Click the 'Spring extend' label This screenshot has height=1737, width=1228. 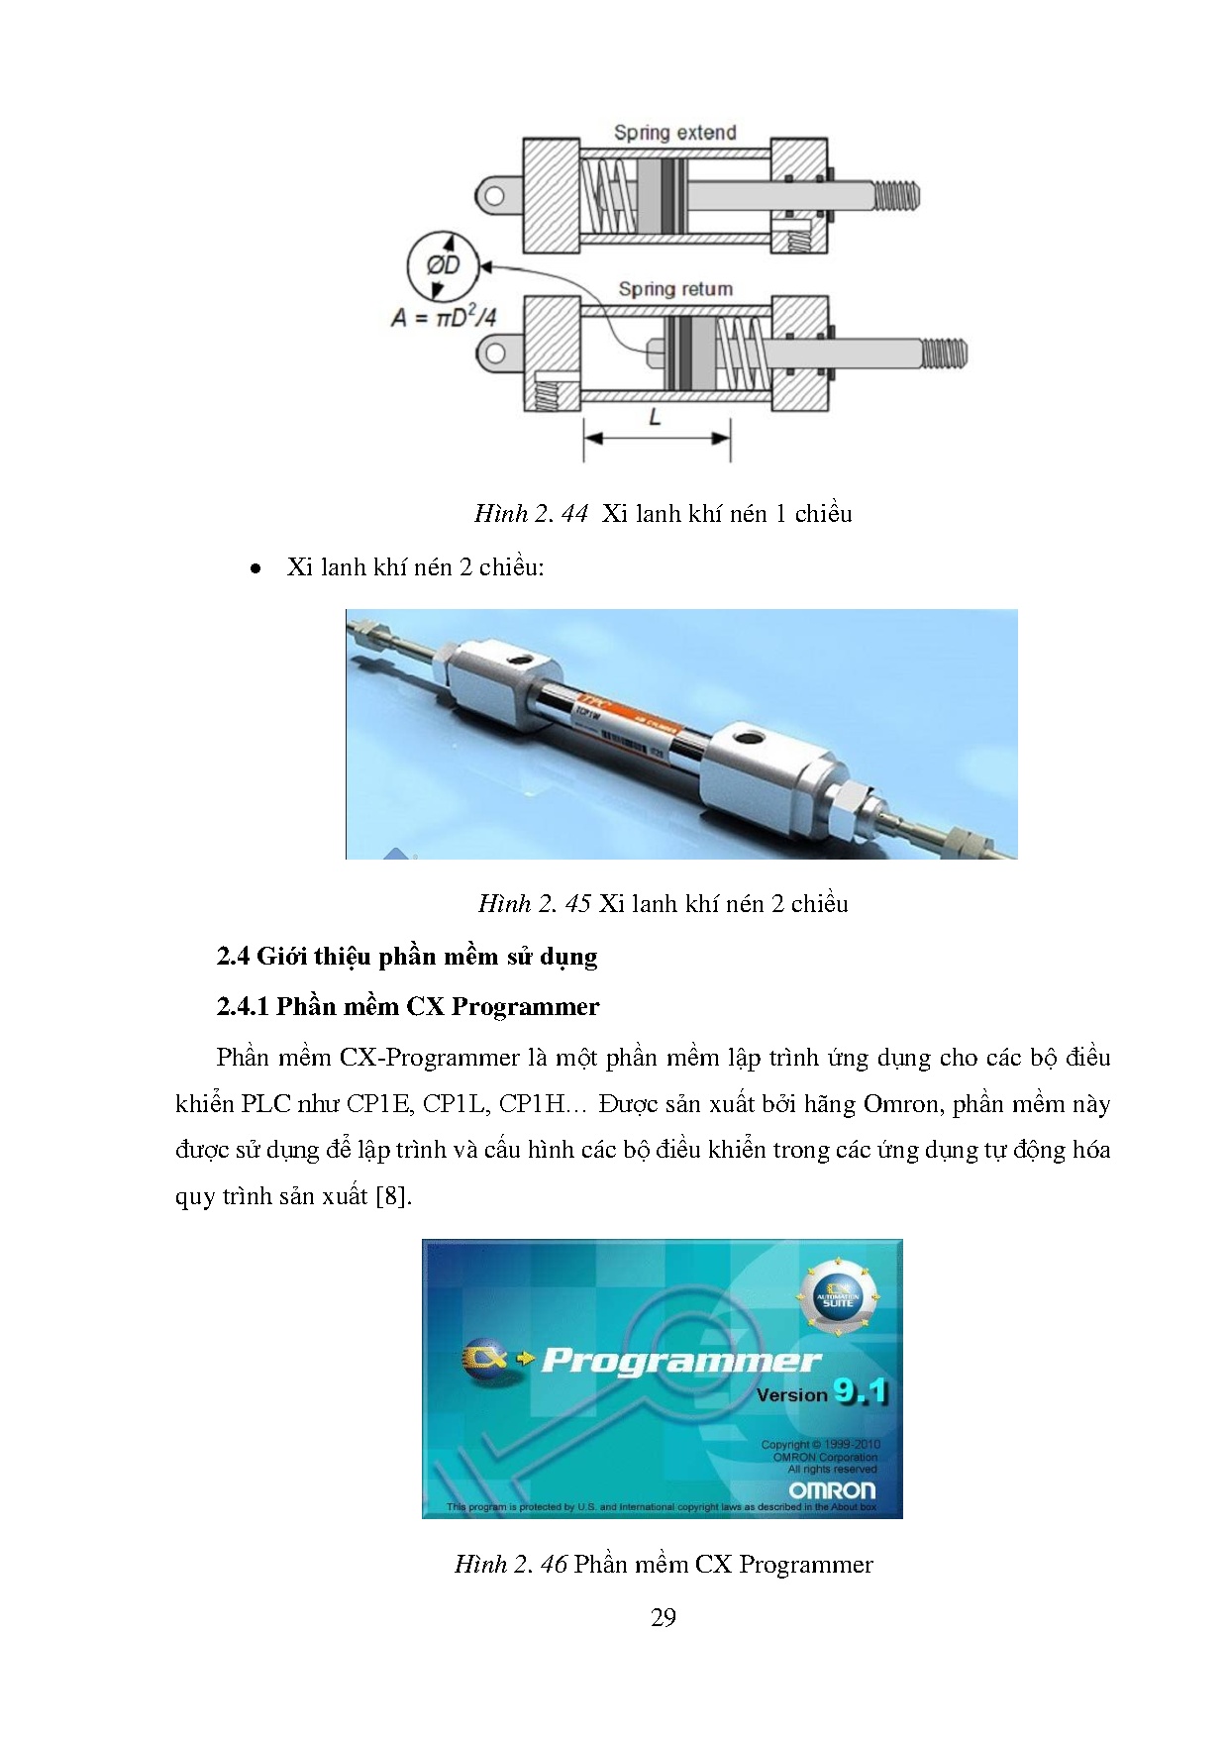tap(674, 133)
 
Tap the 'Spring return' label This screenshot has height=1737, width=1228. tap(675, 289)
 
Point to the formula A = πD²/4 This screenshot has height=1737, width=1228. tap(444, 318)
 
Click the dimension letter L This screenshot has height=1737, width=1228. tap(655, 418)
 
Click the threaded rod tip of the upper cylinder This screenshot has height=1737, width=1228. tap(898, 195)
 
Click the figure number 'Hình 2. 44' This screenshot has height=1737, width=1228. tap(531, 513)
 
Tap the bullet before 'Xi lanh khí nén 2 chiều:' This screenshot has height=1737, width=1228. tap(256, 568)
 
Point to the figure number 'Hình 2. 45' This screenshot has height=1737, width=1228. tap(535, 903)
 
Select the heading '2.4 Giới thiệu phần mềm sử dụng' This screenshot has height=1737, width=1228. tap(407, 956)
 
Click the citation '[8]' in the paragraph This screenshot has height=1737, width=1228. tap(393, 1195)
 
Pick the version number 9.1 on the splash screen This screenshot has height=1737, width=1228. tap(860, 1391)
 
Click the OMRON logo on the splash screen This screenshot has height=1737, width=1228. tap(832, 1489)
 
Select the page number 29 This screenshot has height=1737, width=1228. tap(664, 1617)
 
